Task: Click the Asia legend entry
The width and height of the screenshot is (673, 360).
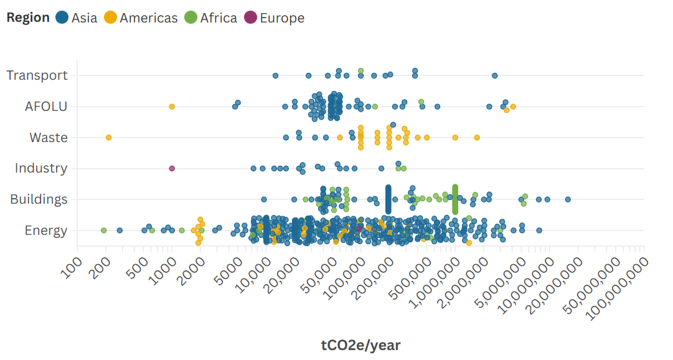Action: point(77,18)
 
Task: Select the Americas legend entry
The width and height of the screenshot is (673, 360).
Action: point(141,18)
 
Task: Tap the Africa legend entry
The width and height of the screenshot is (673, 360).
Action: point(211,18)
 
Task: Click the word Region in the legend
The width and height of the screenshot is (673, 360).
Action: point(28,18)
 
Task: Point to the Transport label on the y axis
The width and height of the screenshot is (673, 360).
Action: point(37,75)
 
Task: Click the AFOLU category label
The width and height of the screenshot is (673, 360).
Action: point(46,107)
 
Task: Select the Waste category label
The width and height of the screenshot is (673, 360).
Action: point(49,138)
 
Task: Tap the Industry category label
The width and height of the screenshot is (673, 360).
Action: point(41,168)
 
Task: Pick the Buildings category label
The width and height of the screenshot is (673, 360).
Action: point(39,199)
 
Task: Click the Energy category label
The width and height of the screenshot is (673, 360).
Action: point(46,230)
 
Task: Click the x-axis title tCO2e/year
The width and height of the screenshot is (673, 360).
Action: point(360,345)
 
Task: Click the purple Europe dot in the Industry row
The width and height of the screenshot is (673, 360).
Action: point(172,168)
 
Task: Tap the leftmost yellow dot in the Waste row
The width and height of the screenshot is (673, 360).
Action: point(108,137)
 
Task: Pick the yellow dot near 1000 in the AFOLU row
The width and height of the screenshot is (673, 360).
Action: point(172,107)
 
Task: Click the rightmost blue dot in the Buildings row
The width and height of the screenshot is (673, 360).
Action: point(568,199)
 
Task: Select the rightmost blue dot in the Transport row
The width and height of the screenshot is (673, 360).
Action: point(494,75)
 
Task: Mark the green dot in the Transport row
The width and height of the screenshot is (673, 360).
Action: point(360,70)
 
